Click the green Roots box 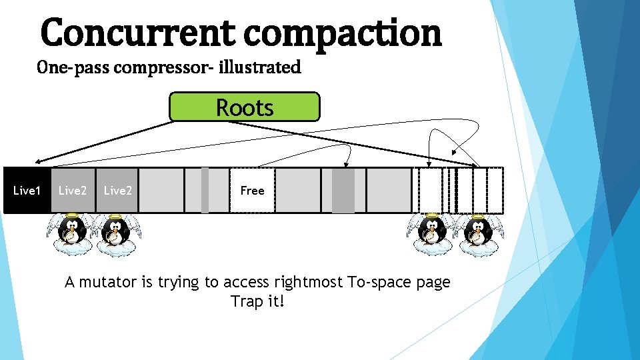tap(244, 107)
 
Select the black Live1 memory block tap(27, 191)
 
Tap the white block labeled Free tap(252, 191)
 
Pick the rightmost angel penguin tap(477, 235)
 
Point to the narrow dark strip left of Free tap(205, 191)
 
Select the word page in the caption tap(435, 283)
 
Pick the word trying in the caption tap(177, 283)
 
